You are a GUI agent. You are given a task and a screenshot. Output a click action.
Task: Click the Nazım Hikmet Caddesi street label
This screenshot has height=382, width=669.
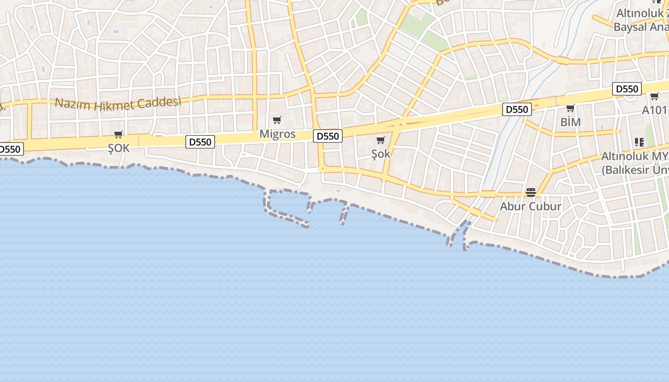tap(118, 103)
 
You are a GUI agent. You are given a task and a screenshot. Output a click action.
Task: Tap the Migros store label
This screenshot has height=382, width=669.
tap(278, 134)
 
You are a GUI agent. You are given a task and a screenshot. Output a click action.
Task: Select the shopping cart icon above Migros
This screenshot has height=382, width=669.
tap(277, 120)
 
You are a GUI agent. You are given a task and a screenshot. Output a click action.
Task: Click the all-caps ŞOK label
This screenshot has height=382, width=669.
tap(119, 148)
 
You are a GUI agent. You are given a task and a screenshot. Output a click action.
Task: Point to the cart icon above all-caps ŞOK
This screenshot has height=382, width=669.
tap(119, 135)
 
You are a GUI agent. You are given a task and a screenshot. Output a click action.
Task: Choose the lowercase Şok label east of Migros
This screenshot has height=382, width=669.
tap(381, 154)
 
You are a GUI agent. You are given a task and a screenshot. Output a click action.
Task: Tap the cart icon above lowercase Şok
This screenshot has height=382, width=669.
tap(381, 140)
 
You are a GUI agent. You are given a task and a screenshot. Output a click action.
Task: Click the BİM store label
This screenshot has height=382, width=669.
tap(571, 122)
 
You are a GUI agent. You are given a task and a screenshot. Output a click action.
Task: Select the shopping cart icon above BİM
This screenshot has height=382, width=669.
tap(570, 108)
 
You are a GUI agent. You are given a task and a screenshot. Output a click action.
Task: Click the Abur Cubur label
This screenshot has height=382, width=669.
tap(530, 206)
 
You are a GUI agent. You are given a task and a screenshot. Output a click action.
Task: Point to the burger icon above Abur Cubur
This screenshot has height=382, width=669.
tap(530, 192)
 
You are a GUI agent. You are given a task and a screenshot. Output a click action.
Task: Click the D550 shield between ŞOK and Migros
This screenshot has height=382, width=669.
tap(200, 142)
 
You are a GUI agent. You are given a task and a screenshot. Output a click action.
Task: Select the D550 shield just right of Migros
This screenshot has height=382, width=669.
tap(328, 136)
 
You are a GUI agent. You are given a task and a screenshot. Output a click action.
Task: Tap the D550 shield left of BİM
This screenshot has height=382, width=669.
tap(517, 110)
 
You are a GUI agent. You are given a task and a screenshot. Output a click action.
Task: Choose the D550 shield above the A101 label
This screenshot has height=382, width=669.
tap(627, 89)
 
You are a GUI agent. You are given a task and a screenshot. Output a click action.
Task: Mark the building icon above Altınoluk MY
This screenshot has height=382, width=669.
tap(639, 142)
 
